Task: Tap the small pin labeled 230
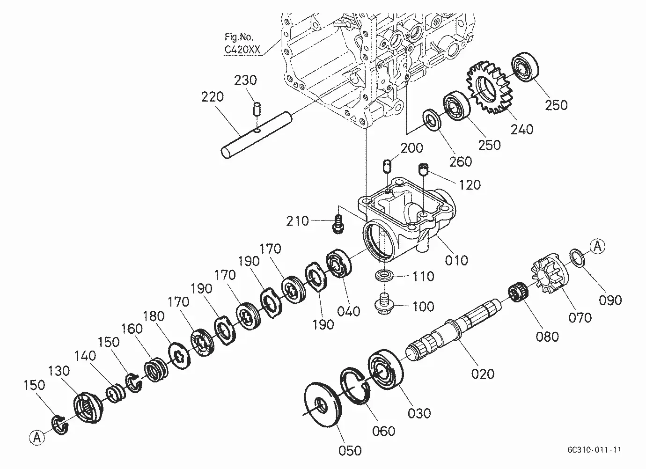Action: point(257,109)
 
